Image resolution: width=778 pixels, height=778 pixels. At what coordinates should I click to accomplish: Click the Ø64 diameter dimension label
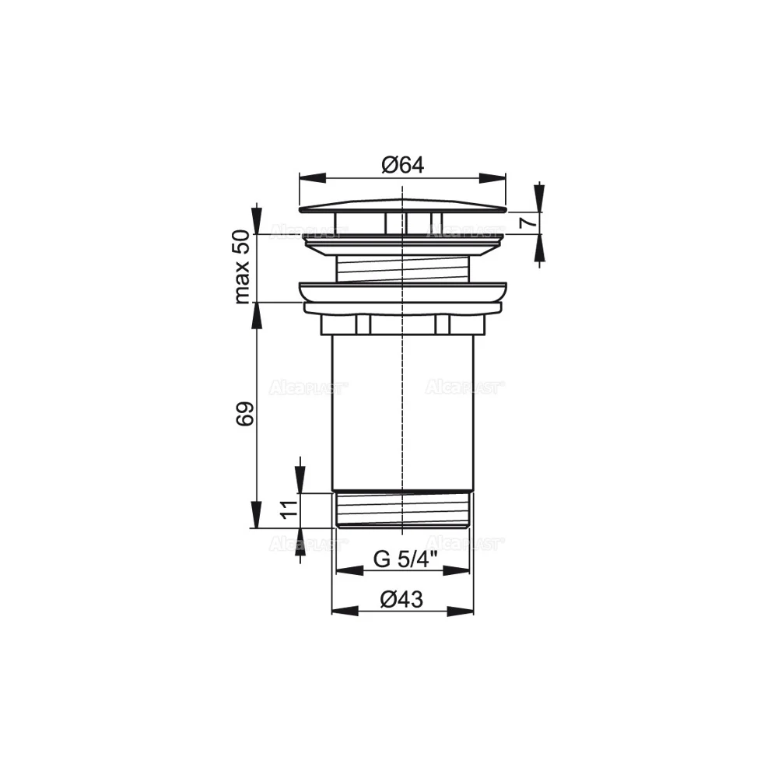(x=402, y=164)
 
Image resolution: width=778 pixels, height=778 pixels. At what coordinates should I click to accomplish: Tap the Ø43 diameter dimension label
(x=402, y=599)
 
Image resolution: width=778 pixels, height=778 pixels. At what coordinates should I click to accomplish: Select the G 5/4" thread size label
(x=405, y=559)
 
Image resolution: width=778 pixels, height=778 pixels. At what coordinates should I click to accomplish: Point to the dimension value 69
(x=244, y=414)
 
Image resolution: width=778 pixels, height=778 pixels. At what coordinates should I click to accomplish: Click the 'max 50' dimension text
(x=243, y=267)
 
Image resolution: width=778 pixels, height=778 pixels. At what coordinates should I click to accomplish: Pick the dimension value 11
(x=287, y=510)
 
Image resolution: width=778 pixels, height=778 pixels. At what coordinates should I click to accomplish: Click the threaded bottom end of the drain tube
(x=402, y=510)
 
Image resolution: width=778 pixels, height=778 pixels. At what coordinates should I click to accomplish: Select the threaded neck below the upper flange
(x=402, y=269)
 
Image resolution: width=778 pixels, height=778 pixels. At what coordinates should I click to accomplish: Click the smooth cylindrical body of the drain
(x=402, y=412)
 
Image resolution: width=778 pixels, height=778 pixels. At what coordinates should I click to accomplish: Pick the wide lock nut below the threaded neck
(x=402, y=296)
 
